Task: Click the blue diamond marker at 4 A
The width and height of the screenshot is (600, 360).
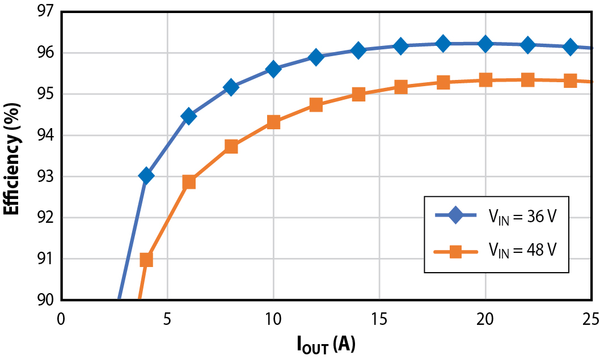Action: [146, 176]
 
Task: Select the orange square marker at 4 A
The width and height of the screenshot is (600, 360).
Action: [146, 260]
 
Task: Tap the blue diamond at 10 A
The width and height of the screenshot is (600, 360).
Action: [273, 69]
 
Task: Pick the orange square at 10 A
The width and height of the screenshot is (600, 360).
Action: [273, 122]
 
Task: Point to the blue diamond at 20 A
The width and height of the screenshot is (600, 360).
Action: [485, 44]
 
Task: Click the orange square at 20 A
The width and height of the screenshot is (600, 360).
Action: [485, 80]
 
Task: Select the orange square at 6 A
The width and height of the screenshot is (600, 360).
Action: [189, 182]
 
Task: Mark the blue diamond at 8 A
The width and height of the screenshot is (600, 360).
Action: [231, 87]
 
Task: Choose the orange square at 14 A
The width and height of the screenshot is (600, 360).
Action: [358, 94]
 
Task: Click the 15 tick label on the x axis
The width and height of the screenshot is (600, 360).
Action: [379, 319]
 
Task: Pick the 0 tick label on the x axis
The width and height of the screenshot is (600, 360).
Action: [61, 319]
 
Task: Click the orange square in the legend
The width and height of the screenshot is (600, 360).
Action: [455, 252]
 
